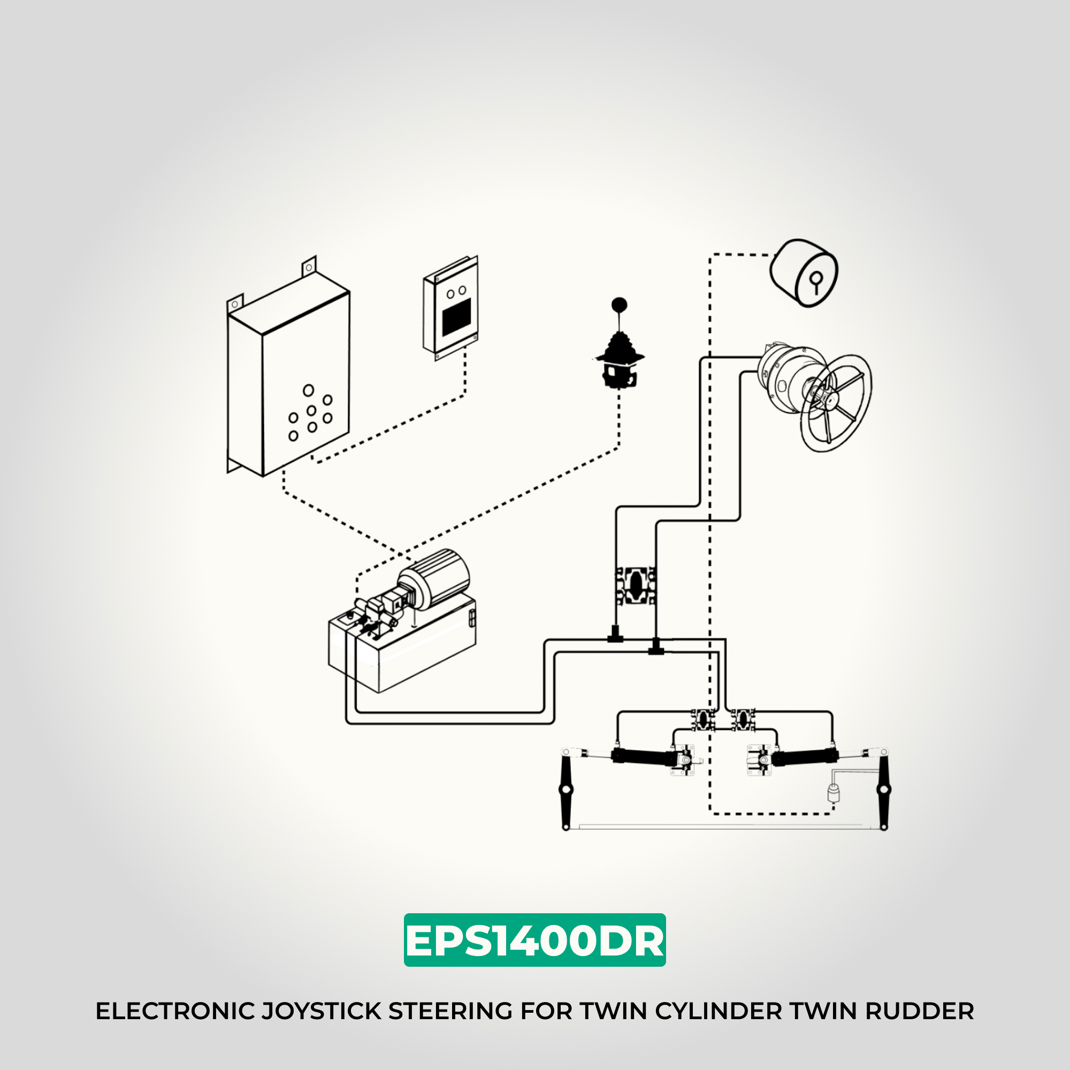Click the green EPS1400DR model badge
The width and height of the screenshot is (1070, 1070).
tap(534, 940)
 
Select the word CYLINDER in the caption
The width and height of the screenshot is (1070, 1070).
tap(719, 1011)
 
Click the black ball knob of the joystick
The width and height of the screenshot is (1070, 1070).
tap(619, 304)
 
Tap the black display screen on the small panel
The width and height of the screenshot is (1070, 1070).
tap(457, 317)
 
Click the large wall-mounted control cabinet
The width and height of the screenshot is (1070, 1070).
tap(289, 382)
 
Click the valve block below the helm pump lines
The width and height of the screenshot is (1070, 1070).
tap(636, 586)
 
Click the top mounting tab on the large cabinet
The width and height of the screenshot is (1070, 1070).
tap(309, 267)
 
